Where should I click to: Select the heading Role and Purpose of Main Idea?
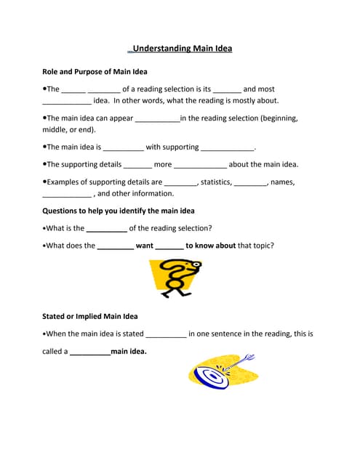(95, 72)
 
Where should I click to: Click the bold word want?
(144, 246)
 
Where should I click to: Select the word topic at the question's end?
(259, 246)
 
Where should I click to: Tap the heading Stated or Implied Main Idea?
(89, 317)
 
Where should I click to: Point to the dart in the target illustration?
(240, 361)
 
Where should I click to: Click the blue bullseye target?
(211, 376)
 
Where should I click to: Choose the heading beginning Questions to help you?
(118, 211)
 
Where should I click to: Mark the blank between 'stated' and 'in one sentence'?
(166, 336)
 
